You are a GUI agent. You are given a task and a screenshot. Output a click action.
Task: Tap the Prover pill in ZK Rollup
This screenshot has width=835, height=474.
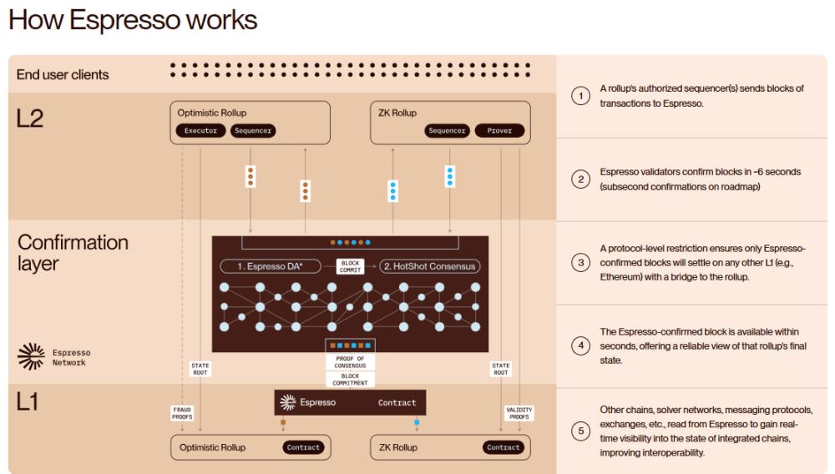click(499, 131)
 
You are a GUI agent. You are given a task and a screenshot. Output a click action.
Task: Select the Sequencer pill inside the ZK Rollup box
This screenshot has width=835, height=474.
click(447, 131)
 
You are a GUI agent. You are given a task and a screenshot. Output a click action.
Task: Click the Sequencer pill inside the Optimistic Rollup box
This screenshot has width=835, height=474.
click(252, 131)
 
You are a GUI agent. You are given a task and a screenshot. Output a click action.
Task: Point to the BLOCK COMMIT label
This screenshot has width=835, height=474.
click(351, 266)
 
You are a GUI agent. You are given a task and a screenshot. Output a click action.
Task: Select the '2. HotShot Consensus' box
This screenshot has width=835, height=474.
click(430, 266)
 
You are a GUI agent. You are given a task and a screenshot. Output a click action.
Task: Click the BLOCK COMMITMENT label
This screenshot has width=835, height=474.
click(351, 380)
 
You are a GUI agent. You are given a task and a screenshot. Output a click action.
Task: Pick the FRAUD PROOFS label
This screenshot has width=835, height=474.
click(183, 413)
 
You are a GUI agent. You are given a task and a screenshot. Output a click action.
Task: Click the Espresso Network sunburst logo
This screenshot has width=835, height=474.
click(30, 356)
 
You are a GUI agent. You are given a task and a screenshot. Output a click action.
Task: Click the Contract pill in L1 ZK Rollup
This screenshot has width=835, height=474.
click(504, 447)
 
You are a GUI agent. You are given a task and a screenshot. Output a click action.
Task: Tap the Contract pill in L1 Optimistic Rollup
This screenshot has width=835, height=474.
click(303, 447)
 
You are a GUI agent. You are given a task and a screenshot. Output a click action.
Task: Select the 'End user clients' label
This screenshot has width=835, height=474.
click(63, 74)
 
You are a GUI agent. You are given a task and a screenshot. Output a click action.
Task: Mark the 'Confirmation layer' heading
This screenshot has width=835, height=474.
click(73, 254)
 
